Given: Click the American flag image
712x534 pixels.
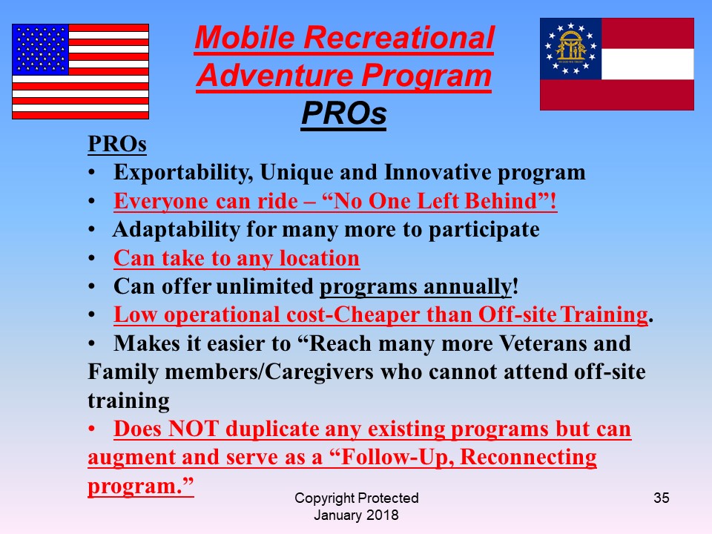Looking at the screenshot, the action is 80,71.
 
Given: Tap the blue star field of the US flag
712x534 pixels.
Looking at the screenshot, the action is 40,50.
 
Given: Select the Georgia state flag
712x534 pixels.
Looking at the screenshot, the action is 616,64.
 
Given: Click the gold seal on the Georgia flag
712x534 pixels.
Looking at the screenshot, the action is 571,48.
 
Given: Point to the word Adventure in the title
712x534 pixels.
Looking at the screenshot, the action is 276,76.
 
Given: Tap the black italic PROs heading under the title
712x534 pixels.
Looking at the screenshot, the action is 343,113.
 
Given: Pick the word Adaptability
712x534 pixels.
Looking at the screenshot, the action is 177,230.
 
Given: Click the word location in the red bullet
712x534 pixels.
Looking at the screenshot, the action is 319,258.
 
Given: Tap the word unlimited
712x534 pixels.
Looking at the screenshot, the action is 265,286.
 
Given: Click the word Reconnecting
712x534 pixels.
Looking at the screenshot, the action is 528,458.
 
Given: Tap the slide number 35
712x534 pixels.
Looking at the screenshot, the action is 661,498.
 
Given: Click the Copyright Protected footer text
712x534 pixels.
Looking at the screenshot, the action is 357,498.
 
